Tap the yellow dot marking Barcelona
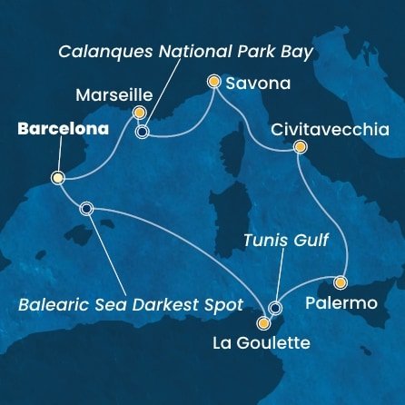[x=57, y=178]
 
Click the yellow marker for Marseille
[x=139, y=113]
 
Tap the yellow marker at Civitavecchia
[x=301, y=147]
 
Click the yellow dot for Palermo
[x=341, y=282]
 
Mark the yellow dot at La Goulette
[x=263, y=322]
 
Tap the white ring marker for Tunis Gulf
[x=275, y=309]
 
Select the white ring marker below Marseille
[x=142, y=132]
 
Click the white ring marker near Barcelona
[x=86, y=208]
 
